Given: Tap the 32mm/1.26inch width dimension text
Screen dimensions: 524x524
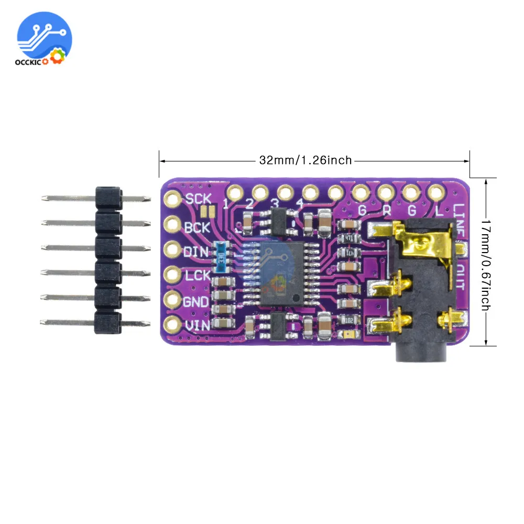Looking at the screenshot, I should (x=305, y=160).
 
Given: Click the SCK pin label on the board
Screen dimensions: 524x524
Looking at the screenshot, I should (x=198, y=199).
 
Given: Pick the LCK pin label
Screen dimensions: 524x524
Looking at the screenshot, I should (x=196, y=276).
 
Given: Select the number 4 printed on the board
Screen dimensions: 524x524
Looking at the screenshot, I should (x=300, y=203).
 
